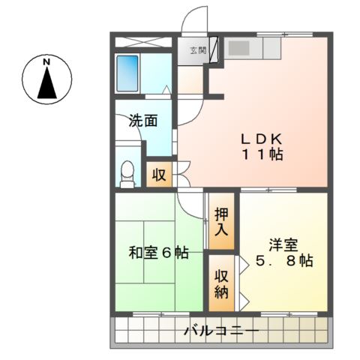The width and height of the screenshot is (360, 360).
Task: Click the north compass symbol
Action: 46,81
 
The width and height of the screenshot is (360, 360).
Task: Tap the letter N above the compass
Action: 46,61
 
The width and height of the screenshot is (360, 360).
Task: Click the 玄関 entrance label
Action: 197,51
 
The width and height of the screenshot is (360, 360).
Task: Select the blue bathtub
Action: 129,73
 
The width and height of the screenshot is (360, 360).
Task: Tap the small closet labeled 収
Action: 159,175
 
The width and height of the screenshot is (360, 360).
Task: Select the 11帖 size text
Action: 261,156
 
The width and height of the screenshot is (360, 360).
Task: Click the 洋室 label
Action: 283,244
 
